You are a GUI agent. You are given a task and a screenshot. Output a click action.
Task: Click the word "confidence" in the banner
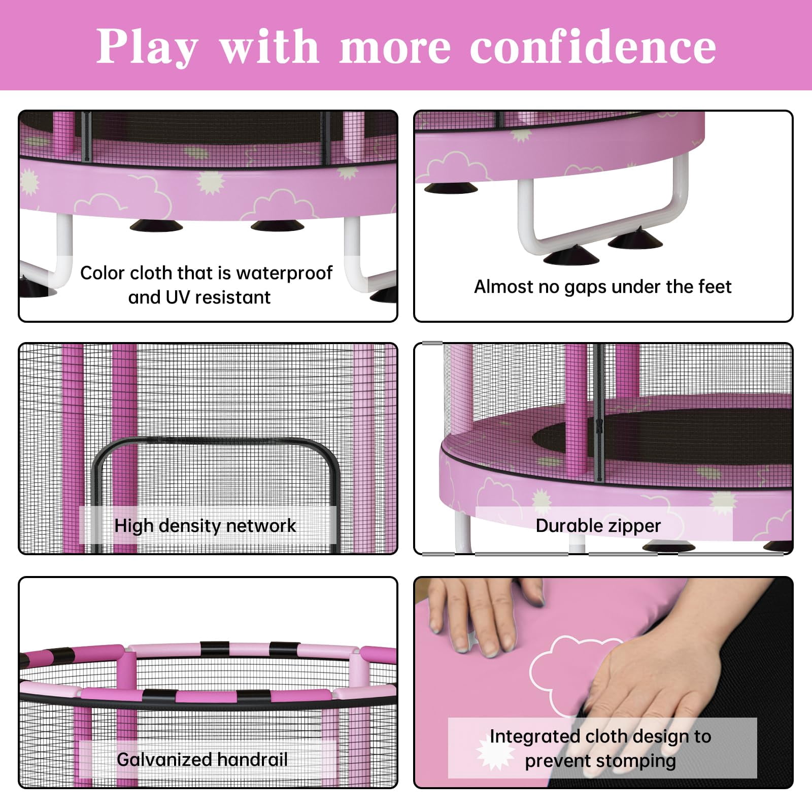coord(593,47)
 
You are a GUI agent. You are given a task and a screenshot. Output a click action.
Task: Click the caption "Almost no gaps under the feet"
coord(602,287)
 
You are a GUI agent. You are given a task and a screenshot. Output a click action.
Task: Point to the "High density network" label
coord(205,526)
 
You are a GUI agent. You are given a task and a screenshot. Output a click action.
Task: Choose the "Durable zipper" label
coord(598,526)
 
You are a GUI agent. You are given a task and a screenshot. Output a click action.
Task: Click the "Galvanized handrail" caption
coord(202,760)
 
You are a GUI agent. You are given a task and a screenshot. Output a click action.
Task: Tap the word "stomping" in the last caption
coord(636,761)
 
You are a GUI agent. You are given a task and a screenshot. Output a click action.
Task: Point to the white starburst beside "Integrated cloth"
coord(495,751)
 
